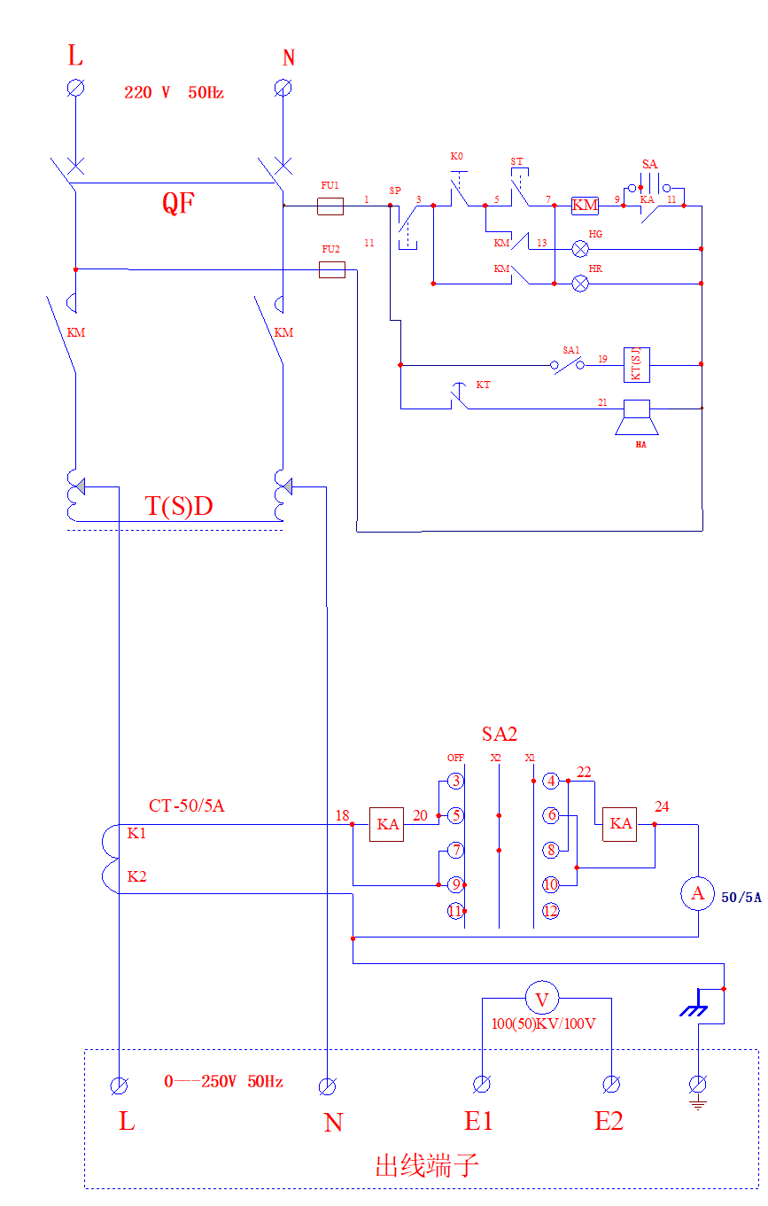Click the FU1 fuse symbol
click(x=330, y=206)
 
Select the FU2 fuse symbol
click(x=331, y=269)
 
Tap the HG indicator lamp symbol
click(x=580, y=248)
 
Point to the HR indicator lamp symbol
click(x=580, y=284)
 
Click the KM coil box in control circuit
click(x=585, y=206)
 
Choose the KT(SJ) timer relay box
click(x=636, y=363)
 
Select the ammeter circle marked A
click(x=697, y=893)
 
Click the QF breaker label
click(x=178, y=203)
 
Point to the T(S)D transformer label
click(x=179, y=507)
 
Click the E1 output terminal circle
click(x=482, y=1085)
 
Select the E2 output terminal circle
click(x=611, y=1085)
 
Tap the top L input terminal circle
click(x=75, y=87)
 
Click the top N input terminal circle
click(x=283, y=87)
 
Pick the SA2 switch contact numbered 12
click(x=550, y=911)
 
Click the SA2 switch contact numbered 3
click(x=455, y=781)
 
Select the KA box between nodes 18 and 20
click(x=386, y=824)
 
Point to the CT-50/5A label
click(x=187, y=805)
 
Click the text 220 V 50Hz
click(x=174, y=92)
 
